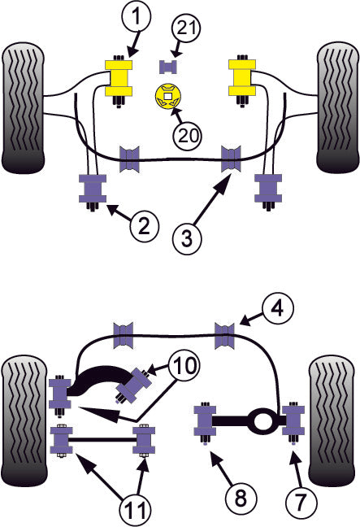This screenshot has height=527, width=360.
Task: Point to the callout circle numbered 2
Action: pos(143,227)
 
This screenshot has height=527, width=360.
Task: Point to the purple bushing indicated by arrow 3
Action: pos(234,157)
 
